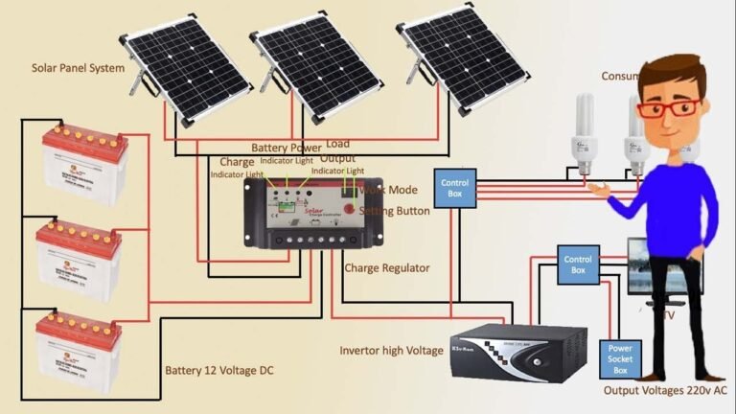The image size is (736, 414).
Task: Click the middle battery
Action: tap(80, 260)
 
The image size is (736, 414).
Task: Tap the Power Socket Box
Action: tap(619, 358)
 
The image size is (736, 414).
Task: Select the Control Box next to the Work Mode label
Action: tap(454, 189)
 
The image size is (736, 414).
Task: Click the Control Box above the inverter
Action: tap(578, 264)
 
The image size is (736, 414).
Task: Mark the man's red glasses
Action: tap(667, 108)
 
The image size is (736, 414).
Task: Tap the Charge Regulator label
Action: tap(387, 268)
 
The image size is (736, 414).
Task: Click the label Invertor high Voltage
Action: tap(392, 350)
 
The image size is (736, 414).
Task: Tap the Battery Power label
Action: tap(287, 149)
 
